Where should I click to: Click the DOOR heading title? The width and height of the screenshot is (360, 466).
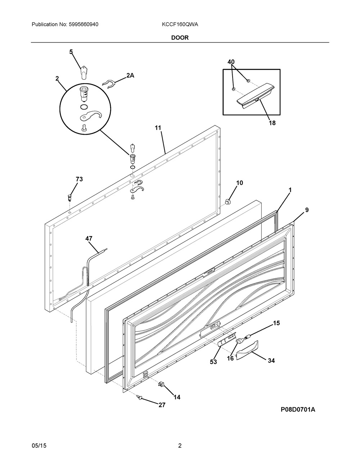point(180,38)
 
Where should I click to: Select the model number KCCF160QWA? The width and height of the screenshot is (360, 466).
point(180,24)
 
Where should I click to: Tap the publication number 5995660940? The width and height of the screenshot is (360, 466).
point(84,24)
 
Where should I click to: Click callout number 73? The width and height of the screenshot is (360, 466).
point(79,179)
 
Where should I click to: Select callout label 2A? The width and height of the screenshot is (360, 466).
point(130,75)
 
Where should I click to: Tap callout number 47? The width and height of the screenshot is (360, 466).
point(89,238)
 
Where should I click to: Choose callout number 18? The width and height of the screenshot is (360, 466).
point(272,123)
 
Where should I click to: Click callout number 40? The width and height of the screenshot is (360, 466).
point(231,62)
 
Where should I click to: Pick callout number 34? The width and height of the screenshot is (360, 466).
point(271,361)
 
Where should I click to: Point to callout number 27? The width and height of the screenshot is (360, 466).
point(162,405)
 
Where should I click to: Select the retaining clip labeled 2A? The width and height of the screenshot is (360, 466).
point(109,84)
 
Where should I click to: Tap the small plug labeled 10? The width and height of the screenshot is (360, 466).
point(228,202)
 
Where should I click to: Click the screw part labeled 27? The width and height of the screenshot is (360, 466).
point(140,398)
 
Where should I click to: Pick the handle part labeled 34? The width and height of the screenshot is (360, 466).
point(247,351)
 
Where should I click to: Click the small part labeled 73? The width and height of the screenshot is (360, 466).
point(69,197)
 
